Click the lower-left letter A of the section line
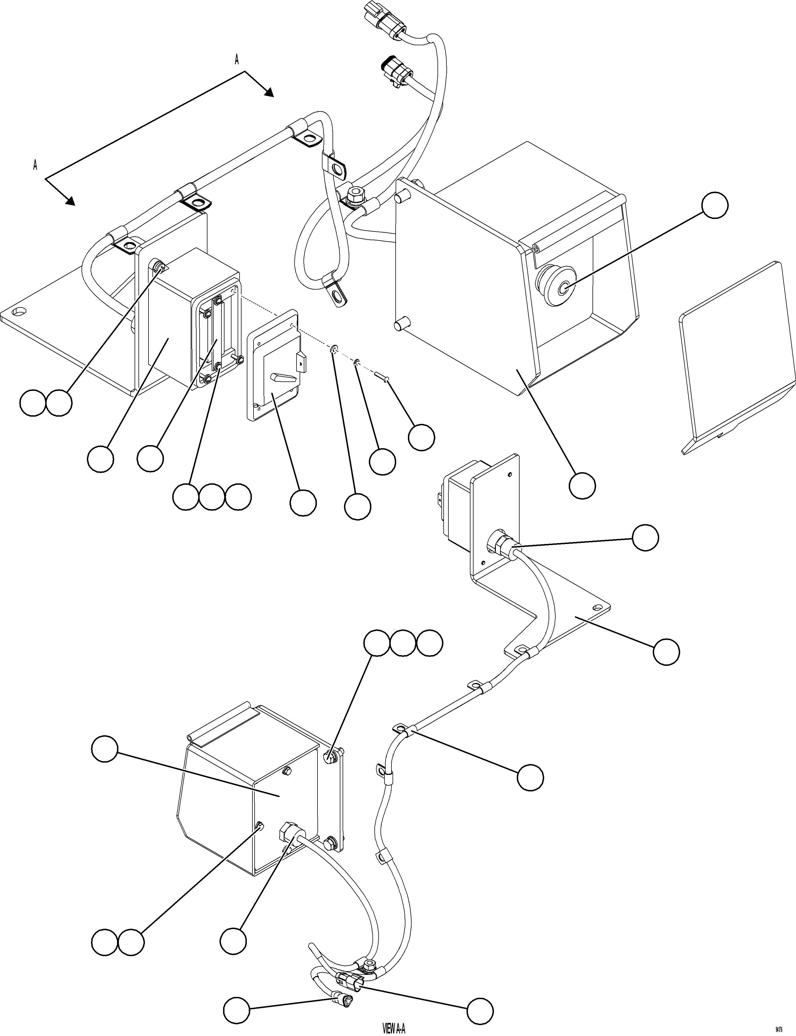tap(35, 165)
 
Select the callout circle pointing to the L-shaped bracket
tap(666, 652)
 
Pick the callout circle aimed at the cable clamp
tap(530, 777)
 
